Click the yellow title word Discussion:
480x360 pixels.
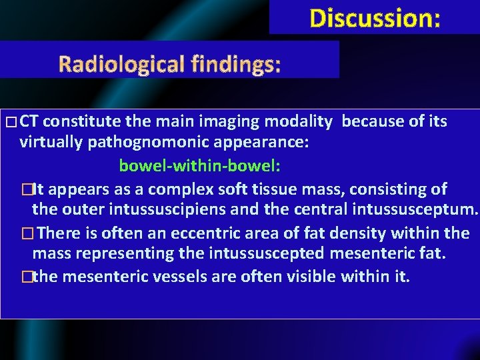pyautogui.click(x=375, y=18)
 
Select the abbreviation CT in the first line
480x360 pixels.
pyautogui.click(x=29, y=121)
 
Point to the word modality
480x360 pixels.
pyautogui.click(x=297, y=121)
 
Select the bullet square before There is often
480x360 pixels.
pyautogui.click(x=26, y=234)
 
